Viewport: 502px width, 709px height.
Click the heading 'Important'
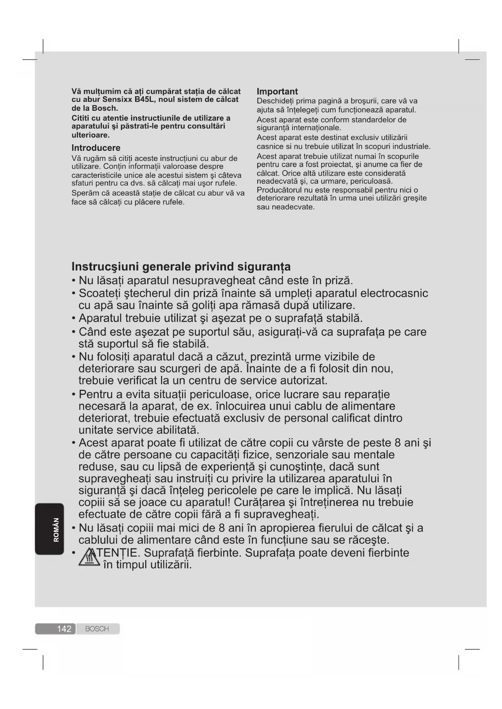coord(277,92)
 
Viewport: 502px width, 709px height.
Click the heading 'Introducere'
coord(96,148)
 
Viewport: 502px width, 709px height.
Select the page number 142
coord(64,629)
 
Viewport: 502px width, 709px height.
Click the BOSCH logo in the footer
coord(97,629)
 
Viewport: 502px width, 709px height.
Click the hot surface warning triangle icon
coord(89,558)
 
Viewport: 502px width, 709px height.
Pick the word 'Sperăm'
coord(85,193)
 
